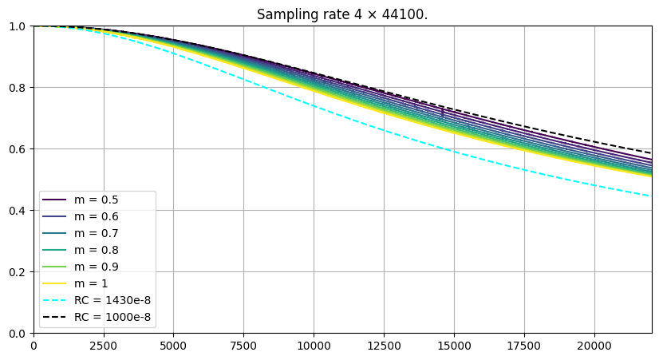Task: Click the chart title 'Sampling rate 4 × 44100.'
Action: pos(342,14)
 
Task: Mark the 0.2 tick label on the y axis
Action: pos(18,272)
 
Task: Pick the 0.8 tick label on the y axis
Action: pos(18,88)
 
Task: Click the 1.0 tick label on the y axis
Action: pos(18,26)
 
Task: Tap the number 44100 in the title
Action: pos(406,14)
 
